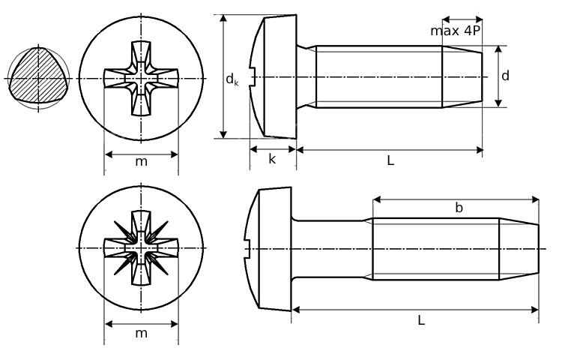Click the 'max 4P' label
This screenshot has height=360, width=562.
click(x=456, y=31)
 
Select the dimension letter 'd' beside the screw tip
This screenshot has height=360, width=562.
click(x=506, y=76)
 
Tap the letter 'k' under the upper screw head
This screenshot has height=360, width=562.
click(x=272, y=159)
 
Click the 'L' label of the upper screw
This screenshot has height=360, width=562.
click(x=390, y=160)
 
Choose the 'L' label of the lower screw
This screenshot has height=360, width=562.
click(x=421, y=319)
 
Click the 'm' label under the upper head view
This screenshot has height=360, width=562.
click(x=141, y=162)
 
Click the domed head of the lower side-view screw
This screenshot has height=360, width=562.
click(x=270, y=247)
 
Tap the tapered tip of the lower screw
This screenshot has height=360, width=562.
click(x=519, y=247)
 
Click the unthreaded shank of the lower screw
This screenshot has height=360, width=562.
click(x=330, y=247)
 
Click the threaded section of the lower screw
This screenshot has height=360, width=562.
click(x=435, y=247)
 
